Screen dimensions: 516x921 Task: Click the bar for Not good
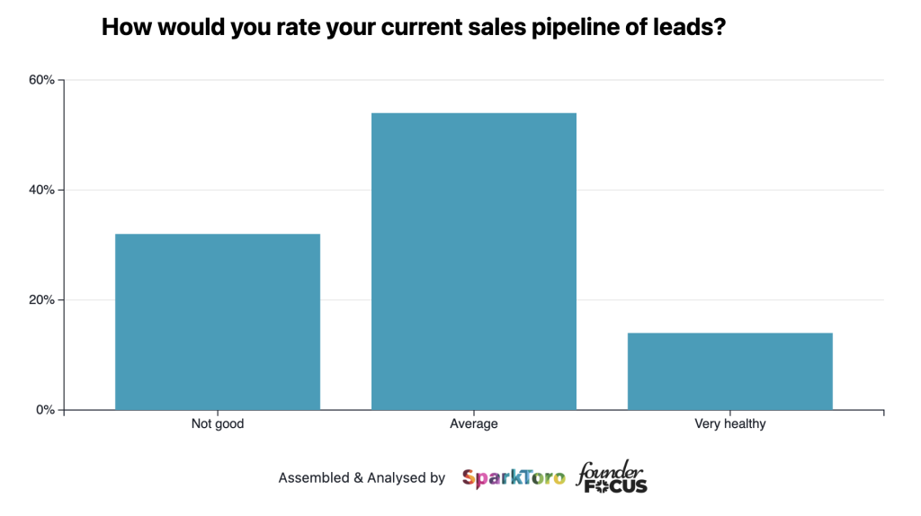click(x=218, y=322)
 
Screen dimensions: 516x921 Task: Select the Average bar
click(x=474, y=262)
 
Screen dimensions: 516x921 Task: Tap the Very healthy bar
click(x=729, y=371)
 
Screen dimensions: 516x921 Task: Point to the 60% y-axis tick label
click(x=41, y=80)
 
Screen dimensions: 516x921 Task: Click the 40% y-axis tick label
click(x=41, y=191)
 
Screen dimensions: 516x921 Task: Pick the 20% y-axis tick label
click(x=41, y=300)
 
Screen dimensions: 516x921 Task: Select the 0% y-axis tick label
click(x=45, y=410)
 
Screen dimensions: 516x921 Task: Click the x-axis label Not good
click(x=218, y=423)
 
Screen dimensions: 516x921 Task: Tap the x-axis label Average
click(x=474, y=423)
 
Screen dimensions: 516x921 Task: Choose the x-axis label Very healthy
click(x=729, y=423)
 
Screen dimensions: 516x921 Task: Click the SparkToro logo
click(x=514, y=477)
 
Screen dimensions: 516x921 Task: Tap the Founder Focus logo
click(x=612, y=477)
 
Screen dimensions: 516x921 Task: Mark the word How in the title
click(x=122, y=28)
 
